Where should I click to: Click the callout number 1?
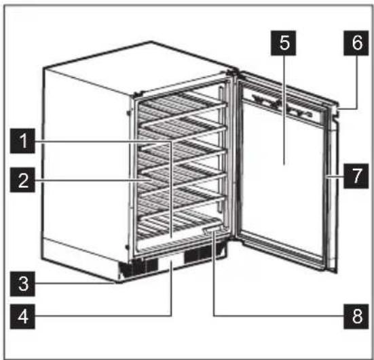point(24,142)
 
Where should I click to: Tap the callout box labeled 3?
point(24,281)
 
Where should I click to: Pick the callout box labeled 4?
point(24,316)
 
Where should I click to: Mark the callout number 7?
point(352,177)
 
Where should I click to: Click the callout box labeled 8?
point(352,316)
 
